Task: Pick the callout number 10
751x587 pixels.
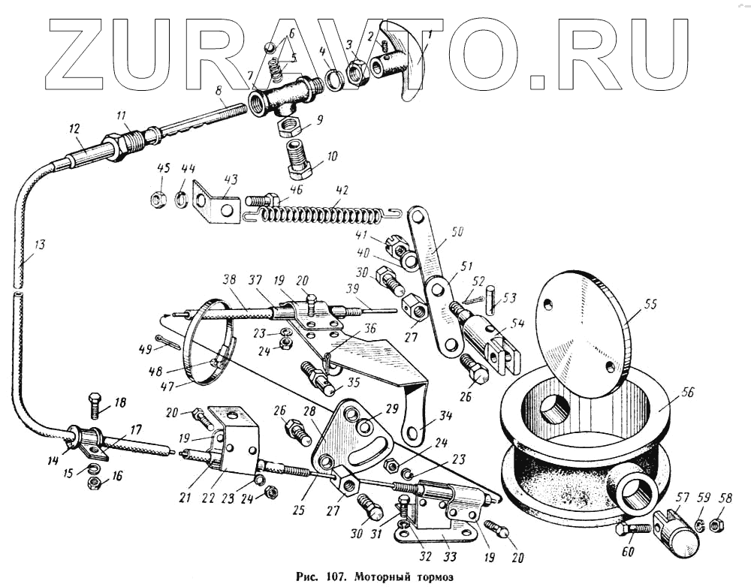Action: click(x=331, y=157)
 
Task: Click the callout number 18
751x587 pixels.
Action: click(x=120, y=402)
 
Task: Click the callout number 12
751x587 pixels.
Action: click(x=74, y=129)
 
